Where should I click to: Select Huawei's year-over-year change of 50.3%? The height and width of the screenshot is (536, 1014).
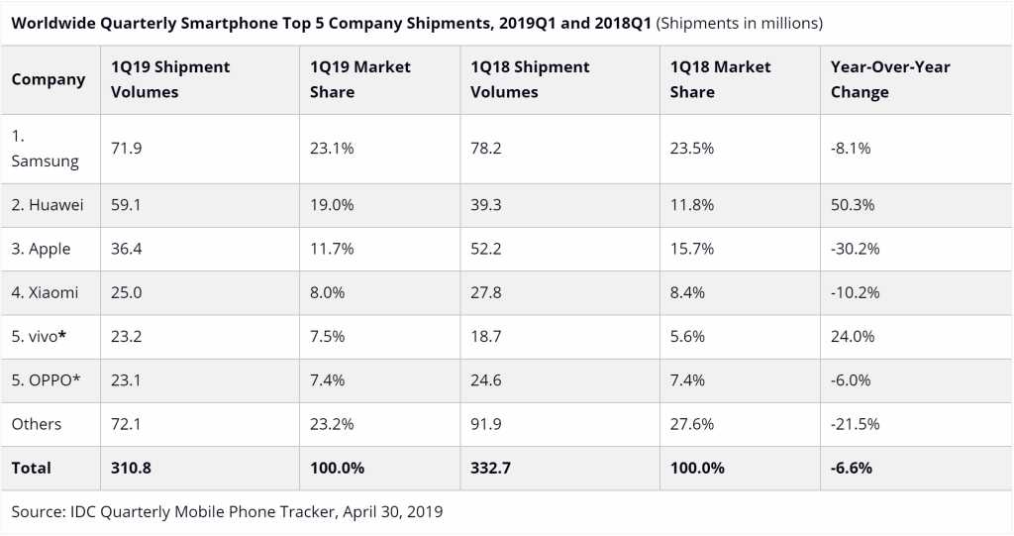point(853,205)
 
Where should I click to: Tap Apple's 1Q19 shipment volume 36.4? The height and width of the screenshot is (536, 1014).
point(128,249)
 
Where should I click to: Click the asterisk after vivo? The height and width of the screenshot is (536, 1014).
point(62,335)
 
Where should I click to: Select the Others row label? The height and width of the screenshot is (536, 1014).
point(37,424)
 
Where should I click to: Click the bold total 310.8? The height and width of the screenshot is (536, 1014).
point(131,468)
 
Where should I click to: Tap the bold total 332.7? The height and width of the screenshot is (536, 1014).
point(491,468)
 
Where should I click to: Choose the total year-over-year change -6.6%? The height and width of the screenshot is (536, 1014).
point(853,468)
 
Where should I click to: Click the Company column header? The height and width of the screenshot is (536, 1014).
point(49,79)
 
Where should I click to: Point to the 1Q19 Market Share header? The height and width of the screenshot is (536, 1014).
point(360,79)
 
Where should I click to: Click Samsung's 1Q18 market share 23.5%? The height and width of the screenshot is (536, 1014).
point(692,149)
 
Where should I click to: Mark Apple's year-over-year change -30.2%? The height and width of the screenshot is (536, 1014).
point(856,249)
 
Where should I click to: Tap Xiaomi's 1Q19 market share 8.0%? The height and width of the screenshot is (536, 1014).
point(327,292)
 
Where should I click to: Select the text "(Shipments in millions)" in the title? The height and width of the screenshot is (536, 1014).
point(740,22)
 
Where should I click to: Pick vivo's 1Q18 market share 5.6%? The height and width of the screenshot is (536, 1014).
point(688,336)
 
